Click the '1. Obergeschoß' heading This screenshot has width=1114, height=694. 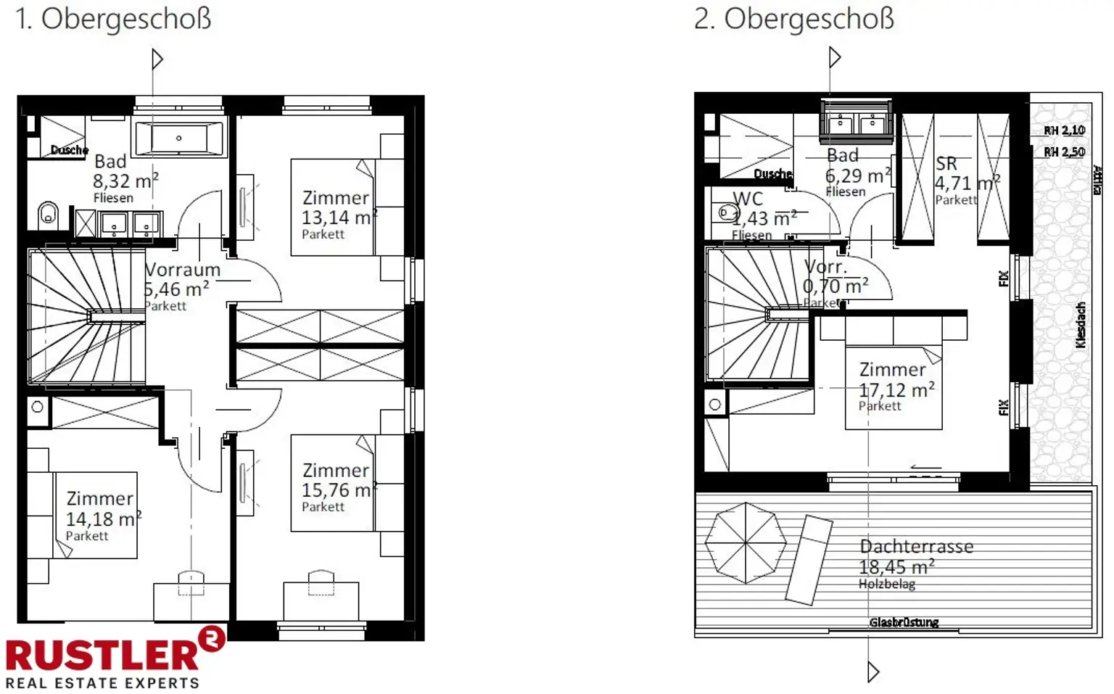point(113,20)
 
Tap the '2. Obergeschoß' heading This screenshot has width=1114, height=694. point(793,20)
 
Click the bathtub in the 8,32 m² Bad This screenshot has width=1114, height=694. point(179,138)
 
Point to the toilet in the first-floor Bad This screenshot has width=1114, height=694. point(48,214)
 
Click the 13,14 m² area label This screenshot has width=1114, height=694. point(337,218)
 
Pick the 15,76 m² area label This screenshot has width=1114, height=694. point(337,490)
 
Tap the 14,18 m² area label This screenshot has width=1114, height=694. point(102,519)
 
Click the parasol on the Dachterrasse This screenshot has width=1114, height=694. point(746,543)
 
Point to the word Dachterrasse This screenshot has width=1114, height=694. point(916,547)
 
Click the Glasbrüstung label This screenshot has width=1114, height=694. point(904,622)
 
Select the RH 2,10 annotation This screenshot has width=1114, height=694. point(1064,131)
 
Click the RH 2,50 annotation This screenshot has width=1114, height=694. point(1064,152)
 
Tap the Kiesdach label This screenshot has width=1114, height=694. point(1081,325)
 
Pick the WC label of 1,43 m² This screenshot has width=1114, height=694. point(747,199)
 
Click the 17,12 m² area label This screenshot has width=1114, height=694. point(896,390)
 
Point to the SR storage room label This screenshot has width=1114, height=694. point(946,164)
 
